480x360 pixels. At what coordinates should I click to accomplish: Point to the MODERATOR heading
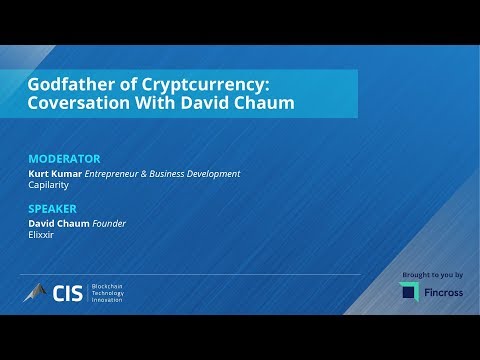click(64, 159)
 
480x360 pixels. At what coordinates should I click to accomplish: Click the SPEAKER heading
click(54, 210)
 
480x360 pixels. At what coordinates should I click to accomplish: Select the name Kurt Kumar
click(56, 173)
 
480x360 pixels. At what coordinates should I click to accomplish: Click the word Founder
click(110, 223)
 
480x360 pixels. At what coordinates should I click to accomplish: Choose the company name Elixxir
click(42, 235)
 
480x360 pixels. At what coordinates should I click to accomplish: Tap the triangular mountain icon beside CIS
click(37, 292)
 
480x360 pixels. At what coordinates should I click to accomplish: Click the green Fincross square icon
click(409, 291)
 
